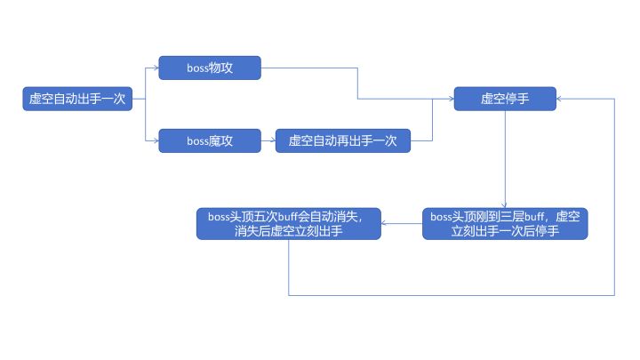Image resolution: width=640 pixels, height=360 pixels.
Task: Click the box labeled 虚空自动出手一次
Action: (x=78, y=100)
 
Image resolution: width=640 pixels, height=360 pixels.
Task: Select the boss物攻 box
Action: (x=209, y=68)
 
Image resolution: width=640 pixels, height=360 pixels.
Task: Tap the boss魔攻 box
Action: (x=209, y=140)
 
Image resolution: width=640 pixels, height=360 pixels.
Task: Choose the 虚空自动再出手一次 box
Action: (x=342, y=140)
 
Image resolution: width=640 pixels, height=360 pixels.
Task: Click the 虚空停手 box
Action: (x=505, y=100)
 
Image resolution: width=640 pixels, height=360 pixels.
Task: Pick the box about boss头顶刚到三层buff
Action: (x=505, y=223)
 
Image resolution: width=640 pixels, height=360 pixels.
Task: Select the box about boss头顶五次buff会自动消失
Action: (x=289, y=223)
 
